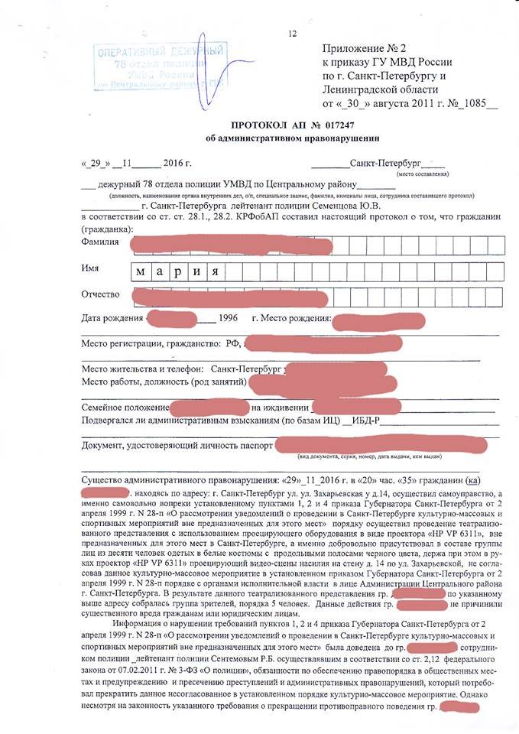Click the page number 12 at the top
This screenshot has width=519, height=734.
click(292, 34)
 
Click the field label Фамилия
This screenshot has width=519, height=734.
click(99, 242)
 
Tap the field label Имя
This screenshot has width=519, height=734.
click(90, 269)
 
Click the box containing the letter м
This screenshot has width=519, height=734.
click(140, 272)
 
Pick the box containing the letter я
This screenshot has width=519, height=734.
click(216, 272)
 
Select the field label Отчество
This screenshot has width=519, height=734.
click(102, 295)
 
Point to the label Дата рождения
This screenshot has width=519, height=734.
click(112, 317)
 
